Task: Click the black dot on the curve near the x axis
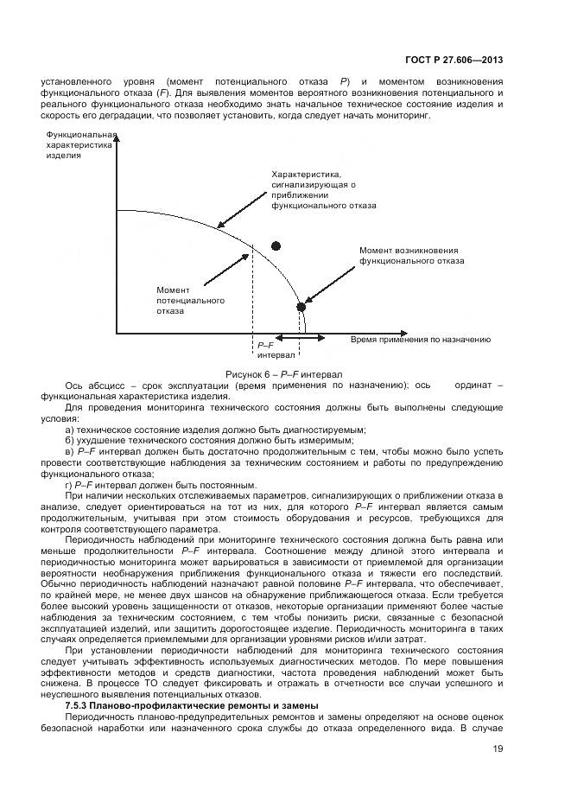tap(301, 307)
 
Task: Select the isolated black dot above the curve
tap(276, 246)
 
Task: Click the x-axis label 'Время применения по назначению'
tap(421, 340)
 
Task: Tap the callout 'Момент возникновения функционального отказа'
tap(411, 255)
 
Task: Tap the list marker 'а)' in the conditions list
tap(70, 430)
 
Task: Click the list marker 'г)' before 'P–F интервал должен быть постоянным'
tap(69, 484)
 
